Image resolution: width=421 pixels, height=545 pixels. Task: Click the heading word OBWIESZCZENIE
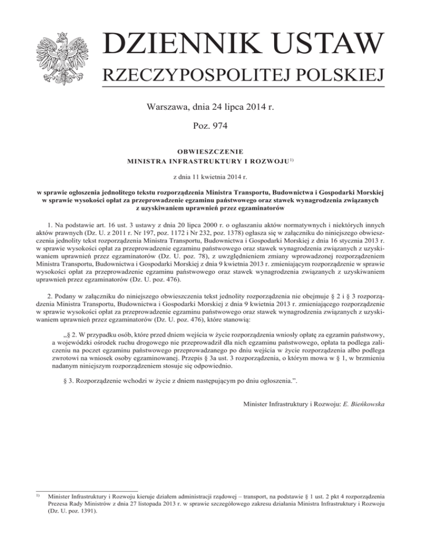pyautogui.click(x=210, y=151)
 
